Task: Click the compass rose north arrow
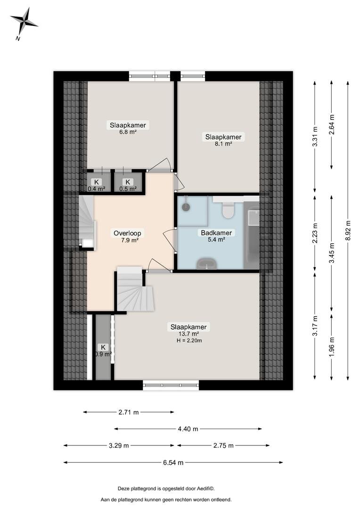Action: (24, 22)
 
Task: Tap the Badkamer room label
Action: (216, 233)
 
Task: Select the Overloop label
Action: (127, 233)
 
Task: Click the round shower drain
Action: (186, 207)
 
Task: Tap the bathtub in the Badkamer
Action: (251, 235)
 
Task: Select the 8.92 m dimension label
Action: (348, 231)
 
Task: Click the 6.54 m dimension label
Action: (173, 463)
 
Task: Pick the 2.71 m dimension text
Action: (129, 412)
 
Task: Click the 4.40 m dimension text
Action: (188, 429)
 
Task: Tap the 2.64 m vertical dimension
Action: (331, 125)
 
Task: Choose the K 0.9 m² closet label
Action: (103, 351)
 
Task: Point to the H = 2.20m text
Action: (189, 341)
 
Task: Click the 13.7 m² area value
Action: (188, 334)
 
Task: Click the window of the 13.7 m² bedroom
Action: (171, 385)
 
